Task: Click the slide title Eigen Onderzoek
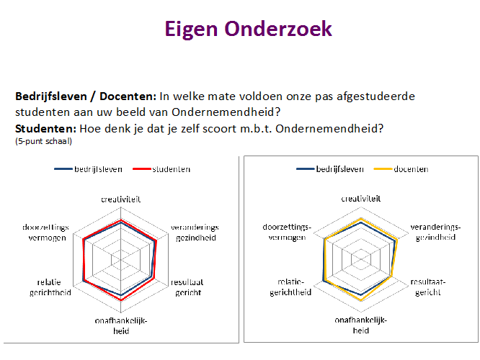click(x=248, y=30)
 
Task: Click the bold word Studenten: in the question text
click(x=45, y=129)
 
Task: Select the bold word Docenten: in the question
click(x=128, y=96)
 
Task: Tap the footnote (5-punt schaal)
click(x=43, y=141)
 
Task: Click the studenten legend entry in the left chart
click(x=161, y=169)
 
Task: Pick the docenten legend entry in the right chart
click(x=401, y=169)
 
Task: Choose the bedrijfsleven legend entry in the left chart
click(x=88, y=169)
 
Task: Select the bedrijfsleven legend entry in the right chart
click(x=330, y=169)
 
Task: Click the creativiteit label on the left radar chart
click(x=121, y=199)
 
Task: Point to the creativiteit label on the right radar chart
click(x=361, y=199)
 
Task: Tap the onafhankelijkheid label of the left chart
click(x=121, y=325)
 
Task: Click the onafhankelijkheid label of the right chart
click(x=361, y=325)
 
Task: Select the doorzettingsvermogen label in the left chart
click(x=45, y=233)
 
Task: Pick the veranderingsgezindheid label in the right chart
click(x=435, y=232)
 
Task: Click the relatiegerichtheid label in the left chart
click(x=50, y=287)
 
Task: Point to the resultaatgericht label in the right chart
click(x=428, y=287)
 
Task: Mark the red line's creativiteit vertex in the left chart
click(x=121, y=220)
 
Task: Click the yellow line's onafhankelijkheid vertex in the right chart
click(x=361, y=300)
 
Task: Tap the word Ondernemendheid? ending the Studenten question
click(x=329, y=129)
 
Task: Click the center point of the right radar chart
click(x=361, y=259)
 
